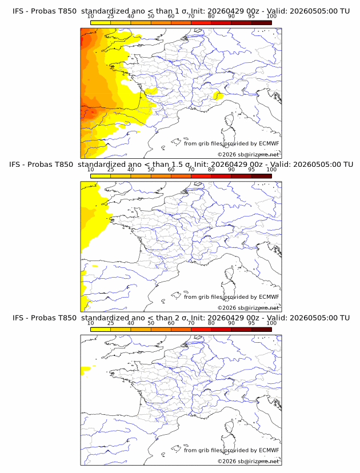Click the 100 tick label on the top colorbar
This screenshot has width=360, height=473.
(x=271, y=17)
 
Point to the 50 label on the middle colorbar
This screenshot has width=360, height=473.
(x=151, y=170)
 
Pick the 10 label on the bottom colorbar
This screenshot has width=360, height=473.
(x=90, y=323)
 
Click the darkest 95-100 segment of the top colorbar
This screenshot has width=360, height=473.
(x=262, y=23)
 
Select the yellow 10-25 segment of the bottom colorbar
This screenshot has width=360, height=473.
(x=101, y=330)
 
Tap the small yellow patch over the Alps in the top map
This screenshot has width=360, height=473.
(x=218, y=96)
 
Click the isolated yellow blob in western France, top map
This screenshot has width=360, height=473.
(x=151, y=91)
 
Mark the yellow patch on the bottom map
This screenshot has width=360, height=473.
(x=86, y=370)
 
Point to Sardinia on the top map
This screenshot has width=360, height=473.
(x=227, y=134)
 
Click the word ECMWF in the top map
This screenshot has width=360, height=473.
(x=269, y=143)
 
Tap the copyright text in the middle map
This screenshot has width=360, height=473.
(x=249, y=308)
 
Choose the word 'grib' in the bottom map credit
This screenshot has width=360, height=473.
(x=204, y=450)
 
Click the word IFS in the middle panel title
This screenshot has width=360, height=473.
(x=14, y=165)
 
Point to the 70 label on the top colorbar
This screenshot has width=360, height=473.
(x=191, y=17)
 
